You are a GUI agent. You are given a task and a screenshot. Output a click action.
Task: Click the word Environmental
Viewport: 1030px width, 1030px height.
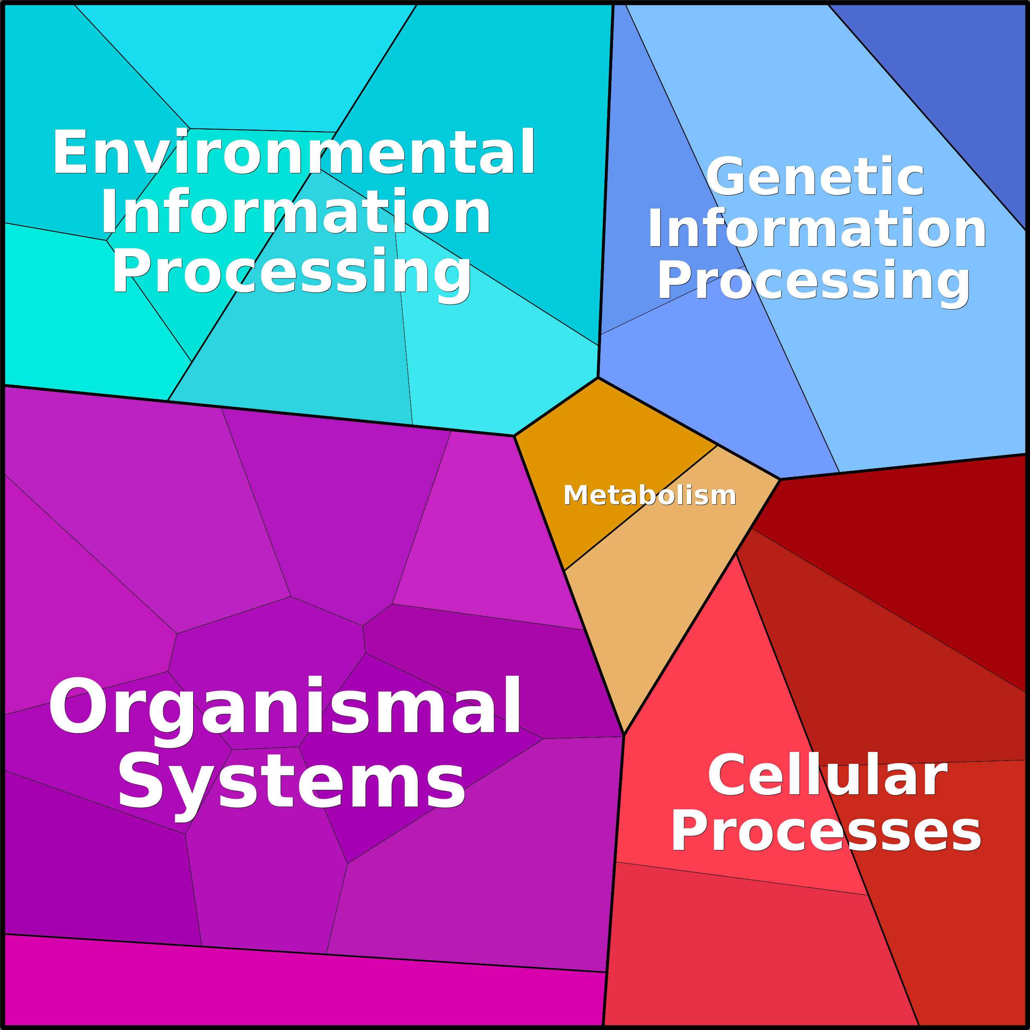pos(294,152)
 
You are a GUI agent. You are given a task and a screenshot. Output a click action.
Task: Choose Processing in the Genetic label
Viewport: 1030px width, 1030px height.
pos(814,283)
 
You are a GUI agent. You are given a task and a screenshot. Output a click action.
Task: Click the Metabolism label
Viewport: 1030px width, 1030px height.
pos(649,495)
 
